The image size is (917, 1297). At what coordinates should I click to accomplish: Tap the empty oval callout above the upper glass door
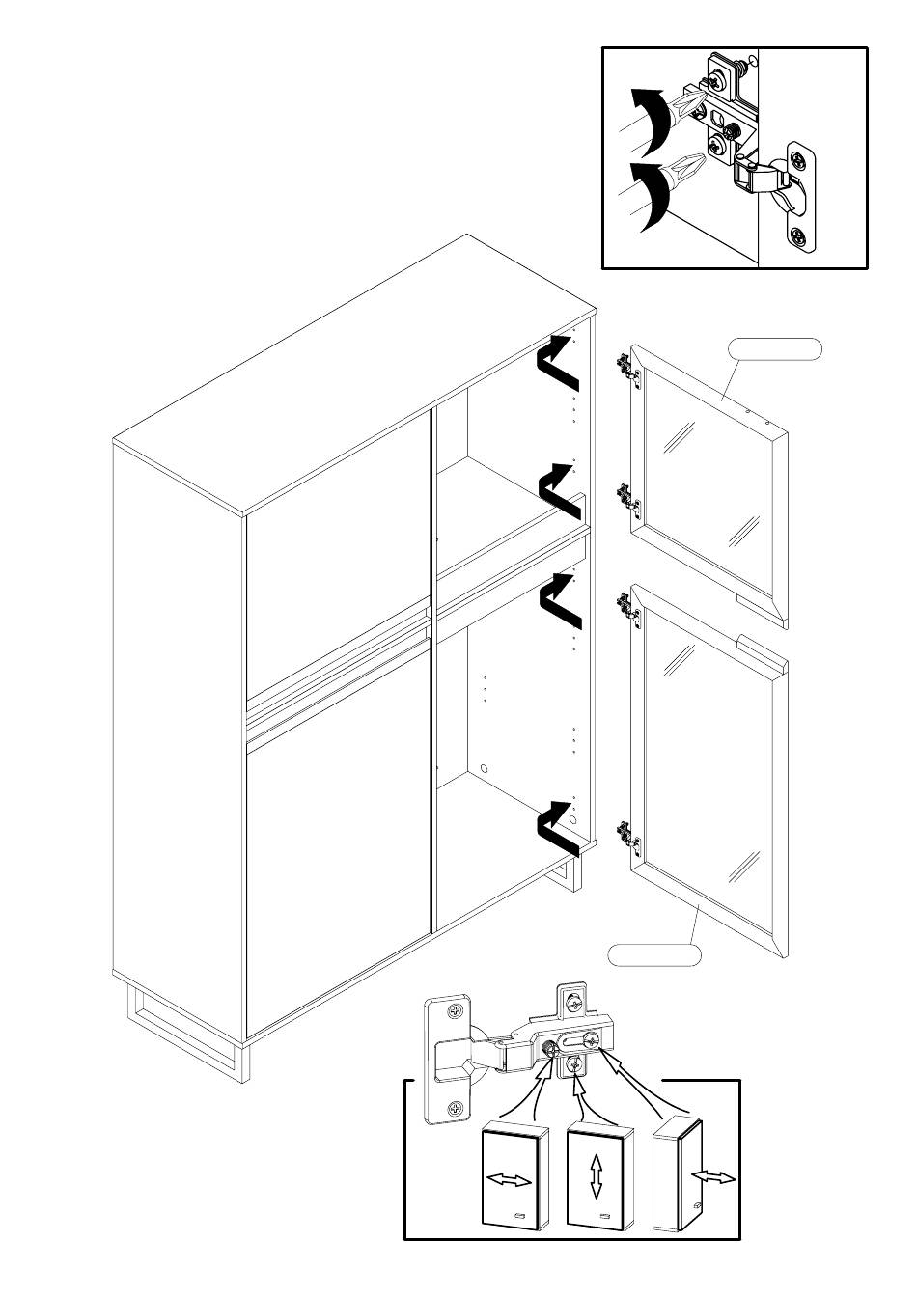tap(774, 349)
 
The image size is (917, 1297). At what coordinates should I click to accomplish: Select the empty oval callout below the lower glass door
tap(654, 955)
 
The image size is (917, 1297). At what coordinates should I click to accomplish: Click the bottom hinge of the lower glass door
tap(625, 836)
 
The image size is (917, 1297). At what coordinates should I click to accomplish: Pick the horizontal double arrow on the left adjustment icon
tap(510, 1181)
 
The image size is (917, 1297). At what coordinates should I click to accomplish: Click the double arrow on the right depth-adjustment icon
tap(713, 1177)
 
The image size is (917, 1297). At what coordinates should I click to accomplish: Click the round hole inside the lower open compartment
tap(484, 770)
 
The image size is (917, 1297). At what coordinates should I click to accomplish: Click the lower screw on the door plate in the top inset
tap(799, 235)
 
